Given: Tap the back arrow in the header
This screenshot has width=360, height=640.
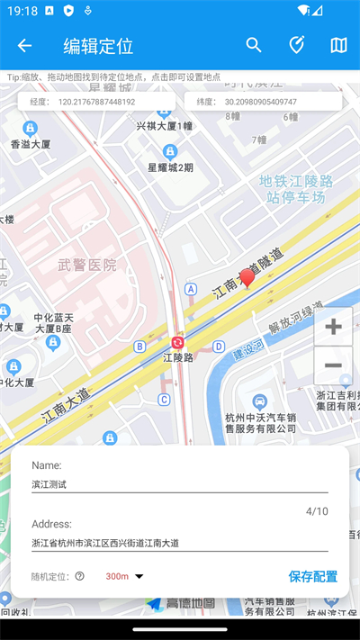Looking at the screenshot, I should point(24,46).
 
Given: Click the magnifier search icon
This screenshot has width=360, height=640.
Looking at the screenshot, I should point(254,46).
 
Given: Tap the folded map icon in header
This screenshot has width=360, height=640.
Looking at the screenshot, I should point(338,46).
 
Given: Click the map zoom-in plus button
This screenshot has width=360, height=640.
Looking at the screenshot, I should point(333,327).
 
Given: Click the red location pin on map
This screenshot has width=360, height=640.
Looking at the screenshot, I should point(247,279).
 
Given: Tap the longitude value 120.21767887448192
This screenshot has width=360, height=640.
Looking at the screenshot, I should point(96,102).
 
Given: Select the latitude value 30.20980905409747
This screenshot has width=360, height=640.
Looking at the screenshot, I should point(261,102).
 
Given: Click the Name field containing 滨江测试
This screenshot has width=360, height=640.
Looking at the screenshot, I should point(179,484).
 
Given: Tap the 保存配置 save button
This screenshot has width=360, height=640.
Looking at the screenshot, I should point(313,576).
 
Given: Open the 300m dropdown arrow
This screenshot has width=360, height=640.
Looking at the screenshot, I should point(139,577).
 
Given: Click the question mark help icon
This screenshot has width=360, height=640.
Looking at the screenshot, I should point(79,576).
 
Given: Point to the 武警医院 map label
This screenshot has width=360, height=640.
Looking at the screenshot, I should point(87,265).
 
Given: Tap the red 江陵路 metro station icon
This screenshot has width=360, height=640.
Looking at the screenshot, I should point(178,342).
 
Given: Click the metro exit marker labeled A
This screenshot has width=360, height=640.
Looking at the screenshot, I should point(191,289).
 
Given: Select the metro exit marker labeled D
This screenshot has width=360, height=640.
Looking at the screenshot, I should point(219,347).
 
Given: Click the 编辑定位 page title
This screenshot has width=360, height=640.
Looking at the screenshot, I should point(98,46).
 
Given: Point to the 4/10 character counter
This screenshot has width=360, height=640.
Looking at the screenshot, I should point(317,511).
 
